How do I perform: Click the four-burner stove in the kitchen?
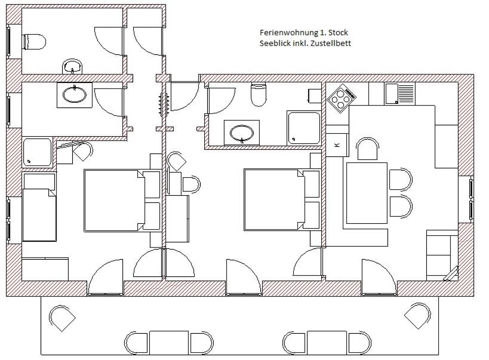coord(342,98)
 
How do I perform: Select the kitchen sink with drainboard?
coord(399,94)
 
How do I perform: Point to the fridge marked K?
coord(337,144)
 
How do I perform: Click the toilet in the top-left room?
coord(34,41)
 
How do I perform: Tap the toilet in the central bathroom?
coord(259,94)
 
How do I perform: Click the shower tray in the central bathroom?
coord(304,128)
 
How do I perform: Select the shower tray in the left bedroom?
coord(38,153)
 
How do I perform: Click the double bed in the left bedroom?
coord(115,200)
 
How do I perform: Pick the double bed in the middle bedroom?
coord(275,199)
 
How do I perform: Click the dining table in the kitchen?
coord(367,193)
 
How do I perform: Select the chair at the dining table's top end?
coord(367,149)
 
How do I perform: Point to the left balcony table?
coord(169,343)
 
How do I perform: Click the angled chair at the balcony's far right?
coord(417,315)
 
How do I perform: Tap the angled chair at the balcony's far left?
coord(62,318)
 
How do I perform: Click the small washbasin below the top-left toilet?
coord(73,66)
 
